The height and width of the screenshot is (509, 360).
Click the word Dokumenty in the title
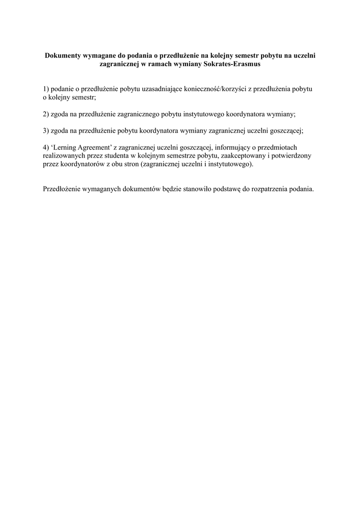pyautogui.click(x=63, y=56)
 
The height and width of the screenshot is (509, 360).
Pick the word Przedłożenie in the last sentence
pyautogui.click(x=63, y=189)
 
